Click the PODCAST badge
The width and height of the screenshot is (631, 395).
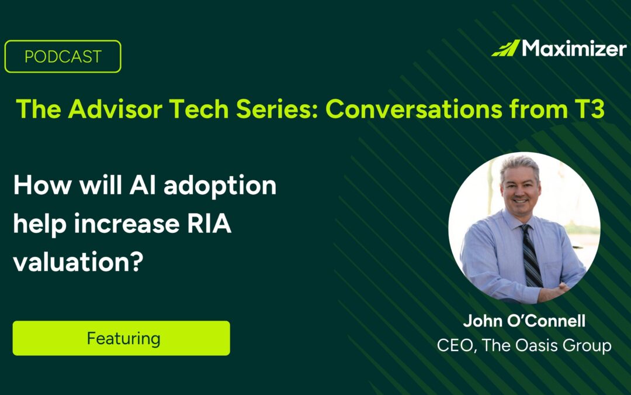coord(63,56)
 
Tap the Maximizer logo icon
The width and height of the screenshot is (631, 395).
coord(505,48)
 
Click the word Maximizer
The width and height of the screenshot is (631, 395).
coord(574,48)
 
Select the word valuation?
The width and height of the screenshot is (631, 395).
coord(78,262)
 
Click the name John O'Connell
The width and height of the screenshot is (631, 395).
coord(523,321)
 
